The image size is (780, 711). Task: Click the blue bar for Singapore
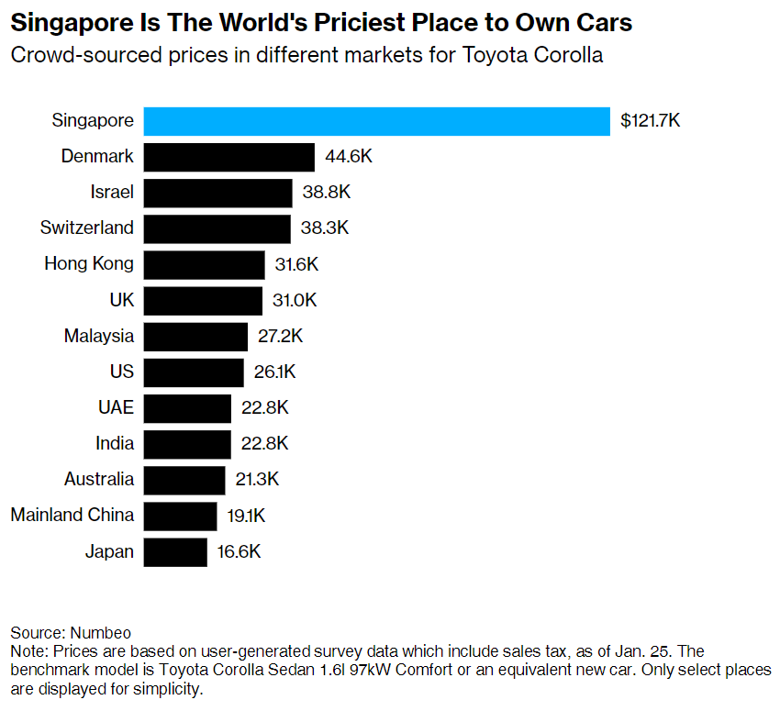tap(376, 121)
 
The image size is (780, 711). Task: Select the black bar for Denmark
tap(228, 157)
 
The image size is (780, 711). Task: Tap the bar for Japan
tap(175, 551)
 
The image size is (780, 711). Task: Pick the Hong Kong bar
tap(204, 264)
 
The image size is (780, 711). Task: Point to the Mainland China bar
tap(180, 516)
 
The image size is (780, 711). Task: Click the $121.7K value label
tap(650, 121)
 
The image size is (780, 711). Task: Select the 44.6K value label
tap(349, 157)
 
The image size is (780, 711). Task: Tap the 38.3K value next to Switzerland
tap(325, 228)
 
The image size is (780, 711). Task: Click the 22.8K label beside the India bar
tap(264, 444)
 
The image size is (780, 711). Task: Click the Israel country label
tap(112, 193)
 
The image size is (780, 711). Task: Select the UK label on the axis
tap(120, 300)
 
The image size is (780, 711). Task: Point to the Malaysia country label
tap(98, 336)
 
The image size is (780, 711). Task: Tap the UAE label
tap(115, 407)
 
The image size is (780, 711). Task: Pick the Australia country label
tap(98, 480)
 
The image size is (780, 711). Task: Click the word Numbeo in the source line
tap(100, 633)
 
